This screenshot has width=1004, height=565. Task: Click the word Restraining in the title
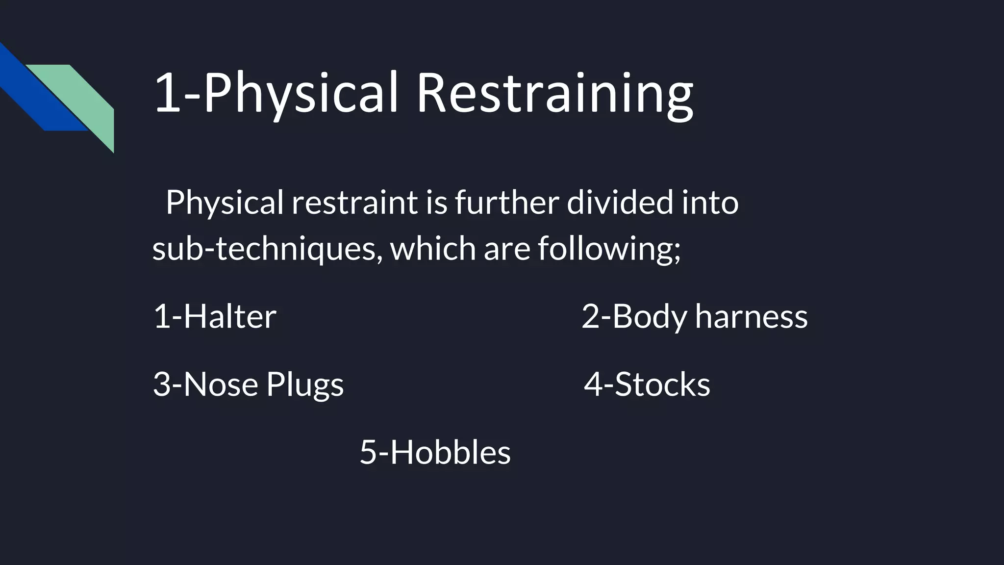(554, 93)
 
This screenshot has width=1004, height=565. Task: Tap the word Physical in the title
(300, 93)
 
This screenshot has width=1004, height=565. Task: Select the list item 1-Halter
(215, 316)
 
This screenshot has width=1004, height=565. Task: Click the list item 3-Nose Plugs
(248, 384)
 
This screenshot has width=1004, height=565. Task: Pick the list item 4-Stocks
(647, 384)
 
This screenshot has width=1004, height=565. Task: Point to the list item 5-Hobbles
(435, 452)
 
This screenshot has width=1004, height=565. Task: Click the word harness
(751, 316)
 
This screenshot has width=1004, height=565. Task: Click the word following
(609, 248)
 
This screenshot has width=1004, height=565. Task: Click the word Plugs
(304, 384)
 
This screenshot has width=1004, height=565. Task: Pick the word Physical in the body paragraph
(225, 202)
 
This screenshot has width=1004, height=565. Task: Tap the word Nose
(221, 384)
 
